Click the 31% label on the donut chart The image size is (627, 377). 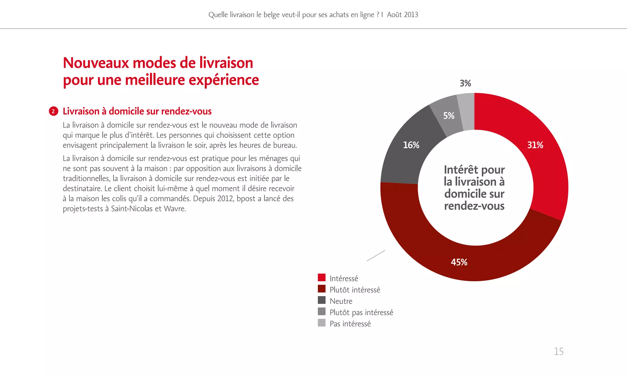pos(535,145)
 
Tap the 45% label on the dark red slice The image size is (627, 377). pos(459,262)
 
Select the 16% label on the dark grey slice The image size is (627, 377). pos(411,145)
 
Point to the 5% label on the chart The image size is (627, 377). pos(449,116)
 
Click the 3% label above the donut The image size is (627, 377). pos(465,83)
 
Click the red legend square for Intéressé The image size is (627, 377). pos(321,278)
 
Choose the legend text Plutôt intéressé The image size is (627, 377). pos(355,290)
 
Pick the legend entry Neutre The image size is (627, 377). pos(341,301)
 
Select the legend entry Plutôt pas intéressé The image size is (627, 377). pos(361,312)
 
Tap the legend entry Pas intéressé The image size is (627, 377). pos(350,324)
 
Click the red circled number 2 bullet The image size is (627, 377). pos(53,111)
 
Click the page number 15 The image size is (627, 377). pos(558,351)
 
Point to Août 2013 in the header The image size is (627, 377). pos(402,15)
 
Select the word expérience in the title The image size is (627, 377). pos(223,80)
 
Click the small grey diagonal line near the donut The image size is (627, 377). pos(376,256)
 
